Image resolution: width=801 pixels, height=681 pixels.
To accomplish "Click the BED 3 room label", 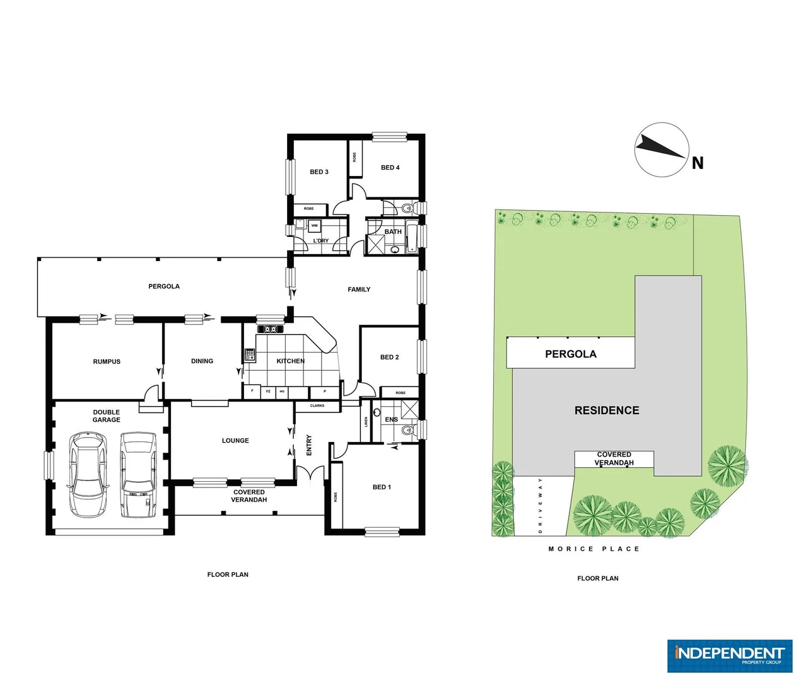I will (319, 172).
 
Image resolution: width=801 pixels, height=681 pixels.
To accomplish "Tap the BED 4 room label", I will (390, 167).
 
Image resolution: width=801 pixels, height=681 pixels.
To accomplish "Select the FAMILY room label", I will (359, 289).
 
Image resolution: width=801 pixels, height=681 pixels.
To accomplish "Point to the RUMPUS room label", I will (107, 361).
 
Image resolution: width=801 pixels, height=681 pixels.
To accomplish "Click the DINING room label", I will (202, 361).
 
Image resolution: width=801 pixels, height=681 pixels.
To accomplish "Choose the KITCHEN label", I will (290, 361).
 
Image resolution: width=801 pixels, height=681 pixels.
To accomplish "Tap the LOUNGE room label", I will (235, 440).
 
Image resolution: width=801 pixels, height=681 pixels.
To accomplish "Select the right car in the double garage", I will (138, 474).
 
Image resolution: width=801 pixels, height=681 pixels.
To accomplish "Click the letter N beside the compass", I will (697, 163).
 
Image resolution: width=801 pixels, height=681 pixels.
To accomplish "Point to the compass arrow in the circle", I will (659, 147).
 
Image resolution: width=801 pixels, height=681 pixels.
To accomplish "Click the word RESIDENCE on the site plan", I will (606, 410).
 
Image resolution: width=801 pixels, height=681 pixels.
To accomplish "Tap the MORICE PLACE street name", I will (593, 549).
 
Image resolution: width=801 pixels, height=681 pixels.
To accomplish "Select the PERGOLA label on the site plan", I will (570, 354).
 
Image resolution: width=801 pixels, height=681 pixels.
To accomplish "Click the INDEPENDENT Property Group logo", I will (730, 656).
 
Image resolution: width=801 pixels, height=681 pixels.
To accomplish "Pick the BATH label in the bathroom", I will (393, 231).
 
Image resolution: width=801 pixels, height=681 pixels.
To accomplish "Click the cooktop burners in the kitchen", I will (270, 329).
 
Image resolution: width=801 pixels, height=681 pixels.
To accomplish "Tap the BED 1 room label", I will (382, 487).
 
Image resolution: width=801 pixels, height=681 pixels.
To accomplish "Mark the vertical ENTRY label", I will (309, 445).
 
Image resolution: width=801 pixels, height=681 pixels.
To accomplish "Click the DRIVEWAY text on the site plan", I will (541, 506).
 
